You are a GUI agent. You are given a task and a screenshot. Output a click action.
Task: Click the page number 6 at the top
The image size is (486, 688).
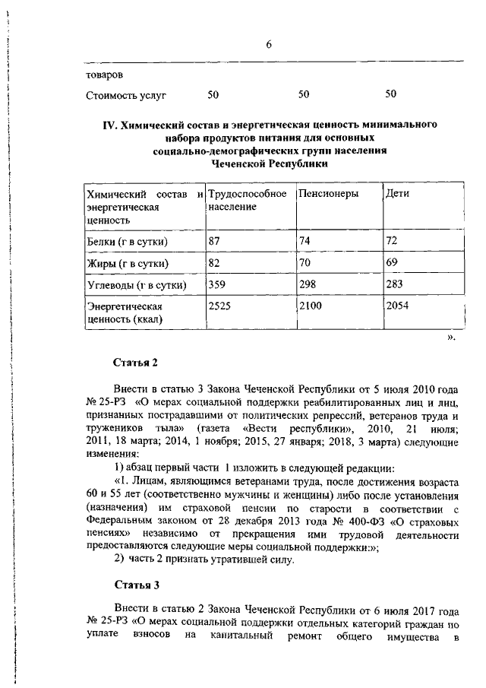click(x=269, y=45)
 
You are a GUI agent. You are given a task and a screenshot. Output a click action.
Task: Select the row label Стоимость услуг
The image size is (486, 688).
click(x=126, y=95)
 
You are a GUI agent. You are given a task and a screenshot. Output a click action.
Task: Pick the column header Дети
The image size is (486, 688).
click(x=397, y=194)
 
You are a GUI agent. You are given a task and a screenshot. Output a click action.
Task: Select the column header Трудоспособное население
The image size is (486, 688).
click(x=247, y=200)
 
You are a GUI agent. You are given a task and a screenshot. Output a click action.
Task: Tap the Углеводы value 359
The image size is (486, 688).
click(x=218, y=285)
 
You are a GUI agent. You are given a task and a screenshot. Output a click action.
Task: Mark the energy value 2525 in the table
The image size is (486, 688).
click(x=221, y=306)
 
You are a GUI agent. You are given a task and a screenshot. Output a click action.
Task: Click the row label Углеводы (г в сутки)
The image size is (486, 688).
click(x=136, y=286)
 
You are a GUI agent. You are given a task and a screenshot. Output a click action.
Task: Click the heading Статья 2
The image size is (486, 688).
click(x=135, y=362)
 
